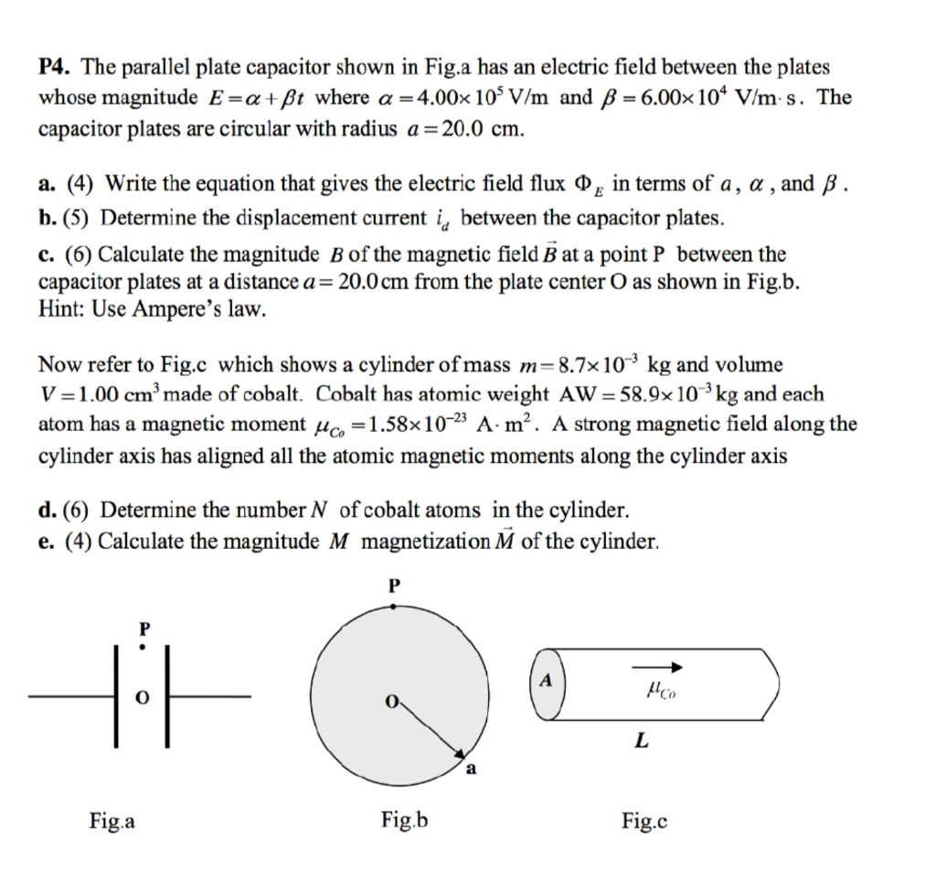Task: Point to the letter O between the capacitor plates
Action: (x=141, y=697)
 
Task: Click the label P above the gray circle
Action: (x=395, y=586)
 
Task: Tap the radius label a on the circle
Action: (x=471, y=769)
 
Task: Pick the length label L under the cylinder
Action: (x=643, y=742)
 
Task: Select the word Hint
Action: (x=59, y=310)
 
